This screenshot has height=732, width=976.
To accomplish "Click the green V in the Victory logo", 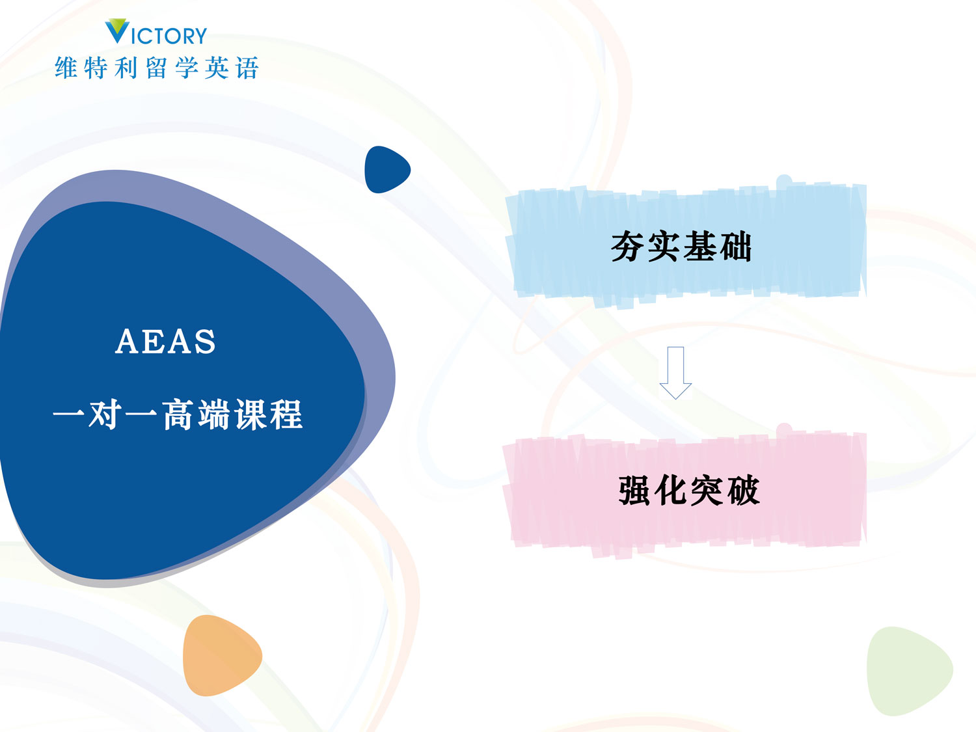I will [x=117, y=31].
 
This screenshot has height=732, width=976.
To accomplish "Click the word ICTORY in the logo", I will [x=169, y=36].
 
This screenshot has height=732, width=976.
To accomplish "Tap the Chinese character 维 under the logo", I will [x=66, y=68].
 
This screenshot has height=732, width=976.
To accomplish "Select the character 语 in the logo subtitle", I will [x=247, y=68].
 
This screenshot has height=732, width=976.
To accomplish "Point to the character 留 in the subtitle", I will [x=157, y=68].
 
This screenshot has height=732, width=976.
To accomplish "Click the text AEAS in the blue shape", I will [x=165, y=342].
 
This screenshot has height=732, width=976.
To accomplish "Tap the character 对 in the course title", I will [x=104, y=414].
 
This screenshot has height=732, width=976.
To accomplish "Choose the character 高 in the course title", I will [x=178, y=414].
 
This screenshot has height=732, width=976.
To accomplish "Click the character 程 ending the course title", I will [x=287, y=414].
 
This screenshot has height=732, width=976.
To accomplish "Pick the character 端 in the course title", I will [x=215, y=414].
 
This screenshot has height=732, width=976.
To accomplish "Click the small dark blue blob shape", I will [x=386, y=170].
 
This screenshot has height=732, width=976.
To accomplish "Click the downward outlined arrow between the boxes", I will [x=675, y=372].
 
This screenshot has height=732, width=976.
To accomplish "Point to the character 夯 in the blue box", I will [x=628, y=247].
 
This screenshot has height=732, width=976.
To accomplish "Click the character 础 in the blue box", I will [x=735, y=247].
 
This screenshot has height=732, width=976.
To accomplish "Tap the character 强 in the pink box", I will [x=636, y=491].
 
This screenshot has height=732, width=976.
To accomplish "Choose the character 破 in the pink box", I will [x=743, y=491].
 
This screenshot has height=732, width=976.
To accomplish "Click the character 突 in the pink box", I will [x=707, y=491].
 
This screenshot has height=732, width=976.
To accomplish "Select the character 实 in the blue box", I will [x=664, y=247].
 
